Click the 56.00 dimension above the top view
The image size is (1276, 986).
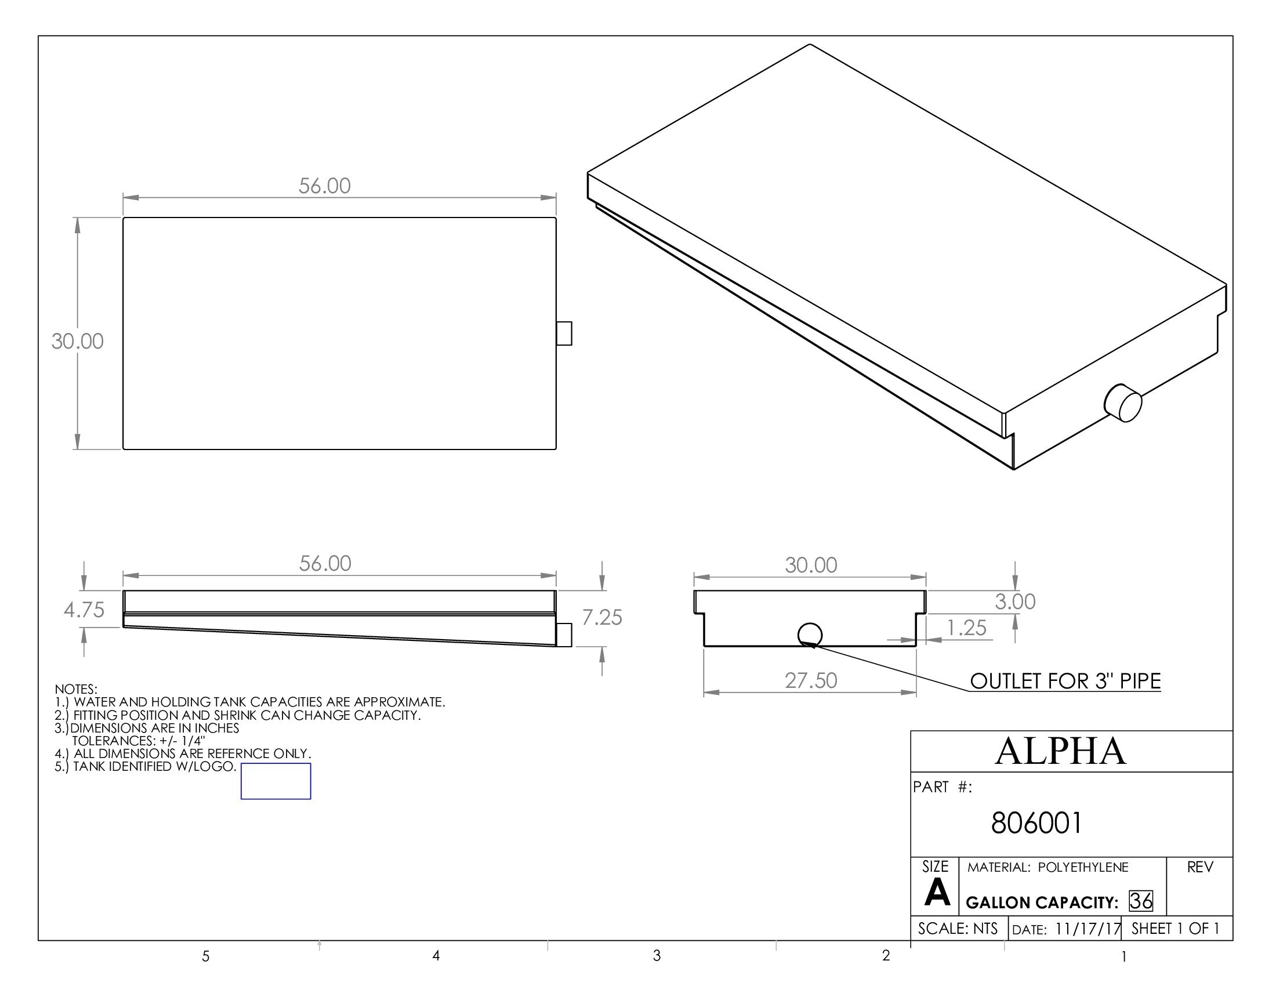point(324,186)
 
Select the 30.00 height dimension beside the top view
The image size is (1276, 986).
point(77,341)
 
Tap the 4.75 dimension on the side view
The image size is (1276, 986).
point(84,610)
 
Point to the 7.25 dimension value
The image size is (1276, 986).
point(602,618)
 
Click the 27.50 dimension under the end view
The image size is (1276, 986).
point(810,680)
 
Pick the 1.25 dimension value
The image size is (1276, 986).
point(966,628)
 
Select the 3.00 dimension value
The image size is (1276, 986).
point(1015,601)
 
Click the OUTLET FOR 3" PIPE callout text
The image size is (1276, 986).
point(1065,681)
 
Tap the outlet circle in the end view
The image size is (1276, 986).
point(810,635)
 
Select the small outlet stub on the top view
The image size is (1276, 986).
point(564,333)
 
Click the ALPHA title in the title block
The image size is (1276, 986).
point(1060,751)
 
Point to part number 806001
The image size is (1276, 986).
point(1036,823)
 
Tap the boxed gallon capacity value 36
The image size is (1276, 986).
point(1140,901)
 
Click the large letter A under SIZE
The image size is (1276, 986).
point(937,893)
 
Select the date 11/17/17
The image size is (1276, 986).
point(1087,929)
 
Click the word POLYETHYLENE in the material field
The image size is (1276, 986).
point(1083,868)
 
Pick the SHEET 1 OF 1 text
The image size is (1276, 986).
point(1175,928)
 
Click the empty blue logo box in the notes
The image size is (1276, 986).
point(275,781)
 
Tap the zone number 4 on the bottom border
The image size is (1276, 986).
point(436,956)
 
